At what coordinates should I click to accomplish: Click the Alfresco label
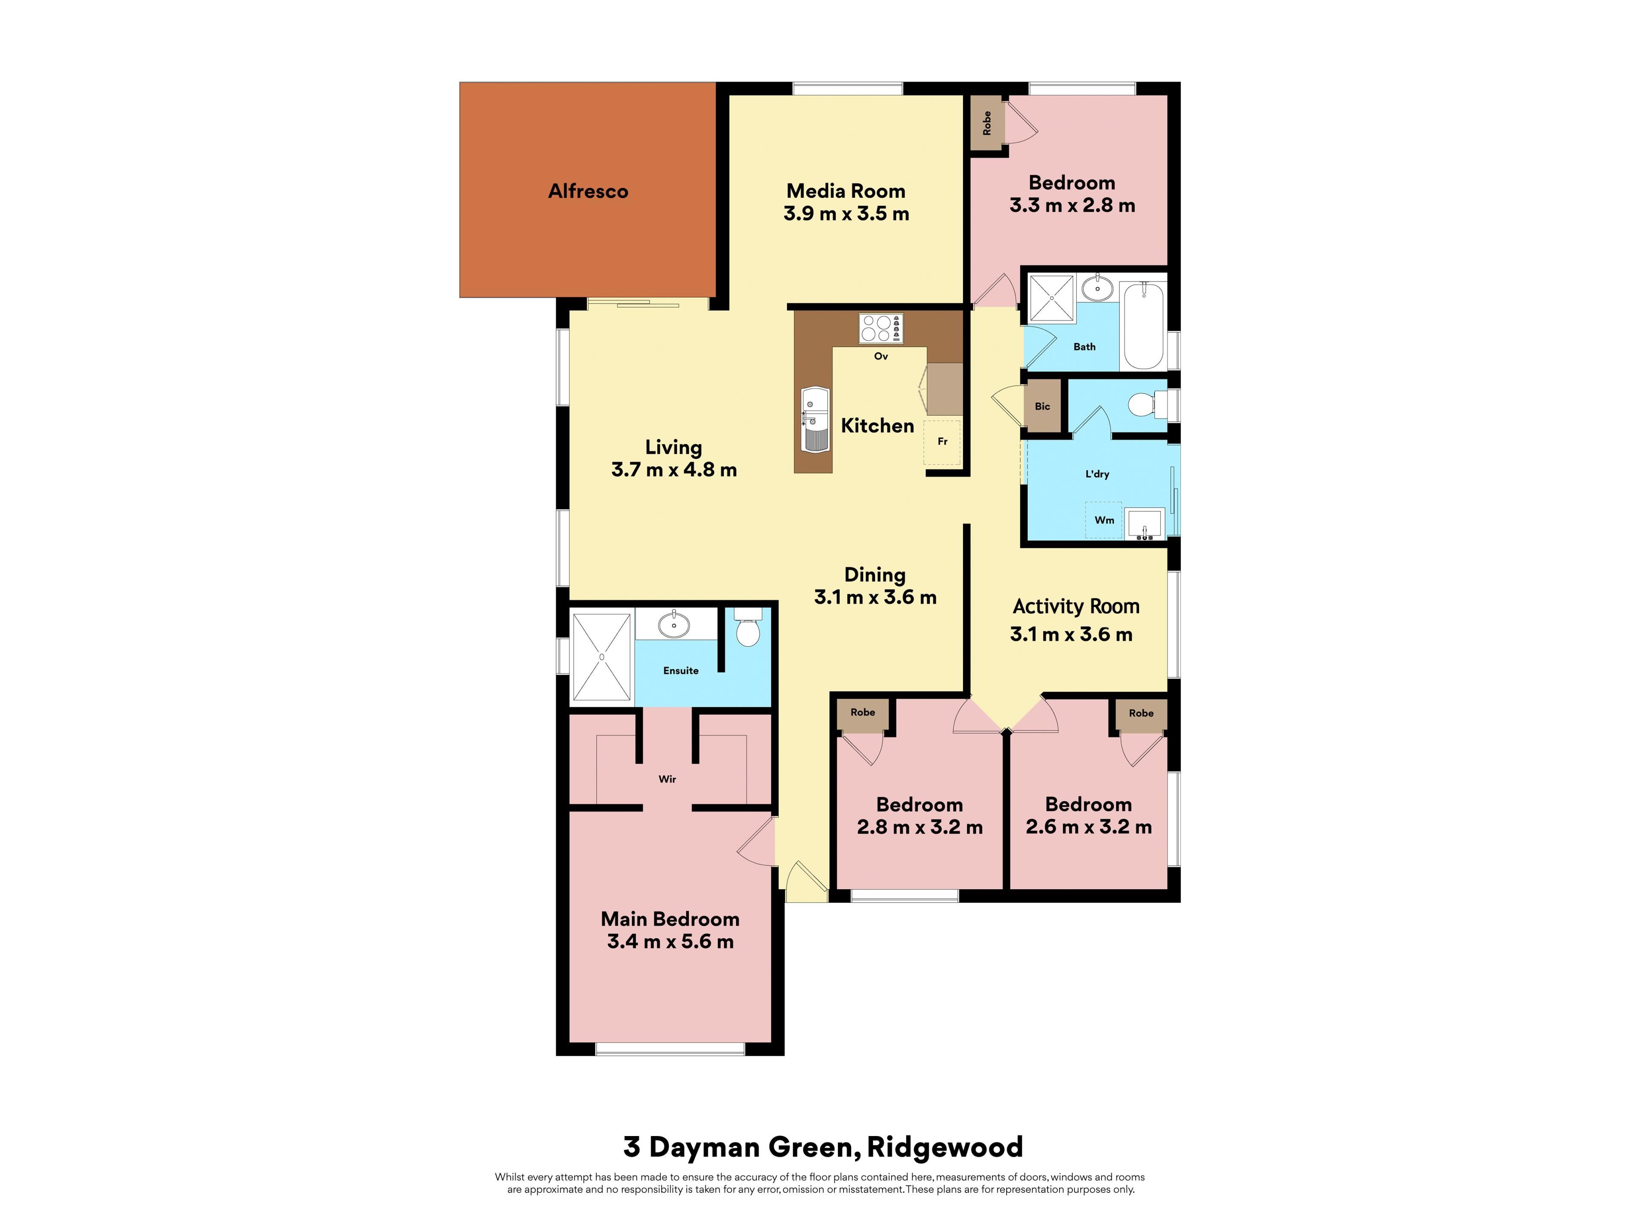pos(588,191)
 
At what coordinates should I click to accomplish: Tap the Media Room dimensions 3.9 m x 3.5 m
pos(846,214)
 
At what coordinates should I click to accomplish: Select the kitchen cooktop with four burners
pos(881,328)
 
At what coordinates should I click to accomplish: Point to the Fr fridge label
pos(942,441)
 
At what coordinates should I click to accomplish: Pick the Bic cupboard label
pos(1043,406)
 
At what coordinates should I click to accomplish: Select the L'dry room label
pos(1097,474)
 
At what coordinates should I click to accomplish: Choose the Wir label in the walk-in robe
pos(667,779)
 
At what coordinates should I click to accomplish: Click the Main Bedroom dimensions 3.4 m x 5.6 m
pos(670,942)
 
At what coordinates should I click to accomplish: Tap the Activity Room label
pos(1076,606)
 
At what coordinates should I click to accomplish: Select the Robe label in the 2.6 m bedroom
pos(1141,713)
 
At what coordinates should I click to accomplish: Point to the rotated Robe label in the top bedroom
pos(987,123)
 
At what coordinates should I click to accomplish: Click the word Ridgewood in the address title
pos(945,1147)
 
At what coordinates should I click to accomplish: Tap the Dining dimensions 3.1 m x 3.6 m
pos(876,597)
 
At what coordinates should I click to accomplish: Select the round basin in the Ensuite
pos(674,624)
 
